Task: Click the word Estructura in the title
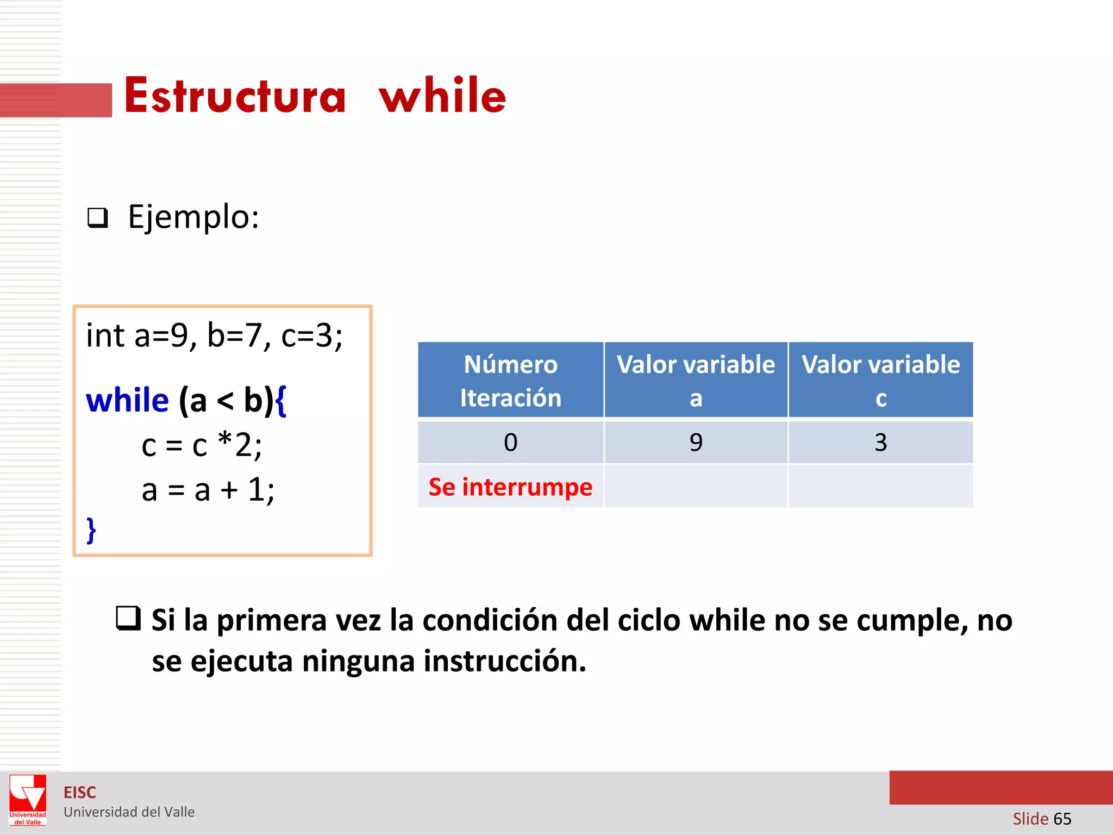point(235,96)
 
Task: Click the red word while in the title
point(442,96)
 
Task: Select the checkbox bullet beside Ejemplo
point(98,218)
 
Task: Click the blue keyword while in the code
point(127,401)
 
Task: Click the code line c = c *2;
point(201,445)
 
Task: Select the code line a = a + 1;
point(208,489)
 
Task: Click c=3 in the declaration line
point(311,335)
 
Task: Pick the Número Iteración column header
point(510,381)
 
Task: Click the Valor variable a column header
point(696,381)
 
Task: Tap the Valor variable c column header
point(880,381)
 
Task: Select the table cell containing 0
point(510,443)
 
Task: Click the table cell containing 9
point(696,443)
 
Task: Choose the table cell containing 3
point(880,443)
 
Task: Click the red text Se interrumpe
point(510,487)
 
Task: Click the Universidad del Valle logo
point(28,800)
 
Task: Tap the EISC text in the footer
point(80,793)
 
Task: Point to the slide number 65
point(1062,819)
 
